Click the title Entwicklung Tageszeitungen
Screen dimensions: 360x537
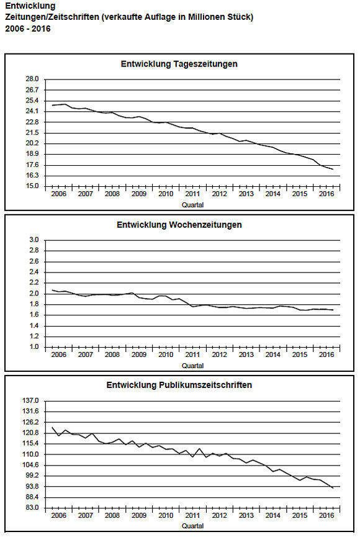(179, 64)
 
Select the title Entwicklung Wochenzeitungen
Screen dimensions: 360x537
(179, 225)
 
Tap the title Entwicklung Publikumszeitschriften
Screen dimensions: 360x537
(179, 386)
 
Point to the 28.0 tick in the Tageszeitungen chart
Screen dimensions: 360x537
(32, 79)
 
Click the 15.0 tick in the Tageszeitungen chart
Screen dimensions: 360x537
(32, 186)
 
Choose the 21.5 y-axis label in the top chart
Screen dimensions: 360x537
(32, 132)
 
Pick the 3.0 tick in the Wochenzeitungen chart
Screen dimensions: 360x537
(34, 240)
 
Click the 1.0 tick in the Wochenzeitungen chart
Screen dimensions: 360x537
(34, 347)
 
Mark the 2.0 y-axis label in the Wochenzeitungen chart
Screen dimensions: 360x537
(34, 294)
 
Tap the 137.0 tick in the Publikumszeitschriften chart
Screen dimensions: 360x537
(30, 400)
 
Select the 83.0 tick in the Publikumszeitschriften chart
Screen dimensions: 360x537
(32, 508)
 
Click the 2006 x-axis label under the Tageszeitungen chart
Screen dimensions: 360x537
(58, 194)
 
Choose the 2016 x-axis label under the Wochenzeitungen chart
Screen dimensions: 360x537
(326, 355)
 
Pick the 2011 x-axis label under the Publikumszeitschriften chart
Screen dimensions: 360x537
(192, 515)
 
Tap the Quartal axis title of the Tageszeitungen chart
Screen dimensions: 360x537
(193, 205)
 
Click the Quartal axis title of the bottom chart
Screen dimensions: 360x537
(193, 526)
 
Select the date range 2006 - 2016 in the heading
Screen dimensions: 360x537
(28, 29)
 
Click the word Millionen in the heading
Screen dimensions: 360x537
(204, 17)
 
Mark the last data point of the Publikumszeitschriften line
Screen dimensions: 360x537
(333, 489)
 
